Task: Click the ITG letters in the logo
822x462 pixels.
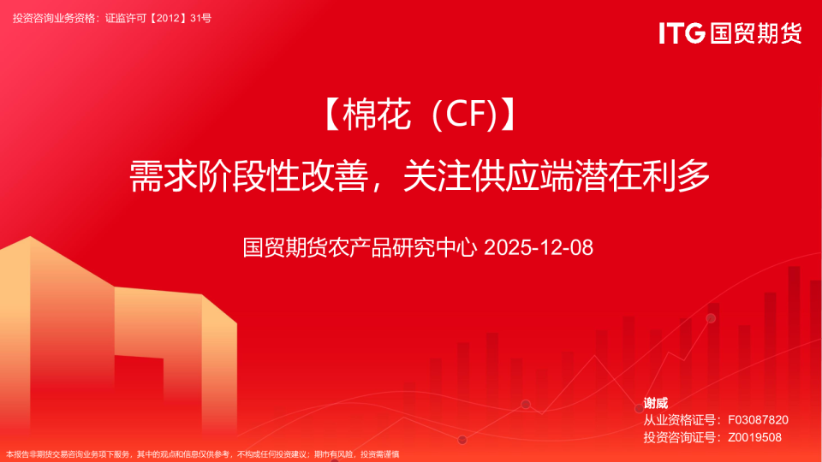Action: tap(682, 33)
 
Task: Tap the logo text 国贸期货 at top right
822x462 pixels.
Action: tap(755, 33)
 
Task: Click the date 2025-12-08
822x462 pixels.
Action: tap(539, 248)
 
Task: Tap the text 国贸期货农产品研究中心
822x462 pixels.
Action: tap(360, 248)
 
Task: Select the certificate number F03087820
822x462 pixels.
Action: tap(758, 420)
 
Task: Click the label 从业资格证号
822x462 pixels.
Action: tap(681, 420)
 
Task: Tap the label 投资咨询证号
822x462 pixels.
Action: tap(681, 437)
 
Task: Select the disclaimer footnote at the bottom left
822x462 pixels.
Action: tap(202, 454)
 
